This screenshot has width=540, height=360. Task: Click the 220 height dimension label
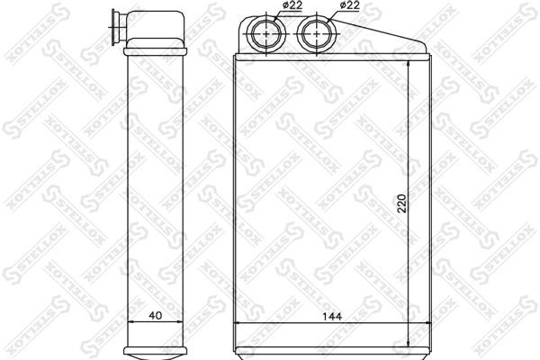(x=402, y=203)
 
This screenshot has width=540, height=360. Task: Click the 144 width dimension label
(x=332, y=316)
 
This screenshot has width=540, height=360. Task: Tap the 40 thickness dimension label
(x=156, y=316)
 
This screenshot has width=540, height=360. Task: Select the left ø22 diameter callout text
(x=292, y=5)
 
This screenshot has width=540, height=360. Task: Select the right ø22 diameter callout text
(x=349, y=5)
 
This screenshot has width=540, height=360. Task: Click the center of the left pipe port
(x=267, y=34)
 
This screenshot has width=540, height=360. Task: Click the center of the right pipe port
(x=317, y=34)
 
